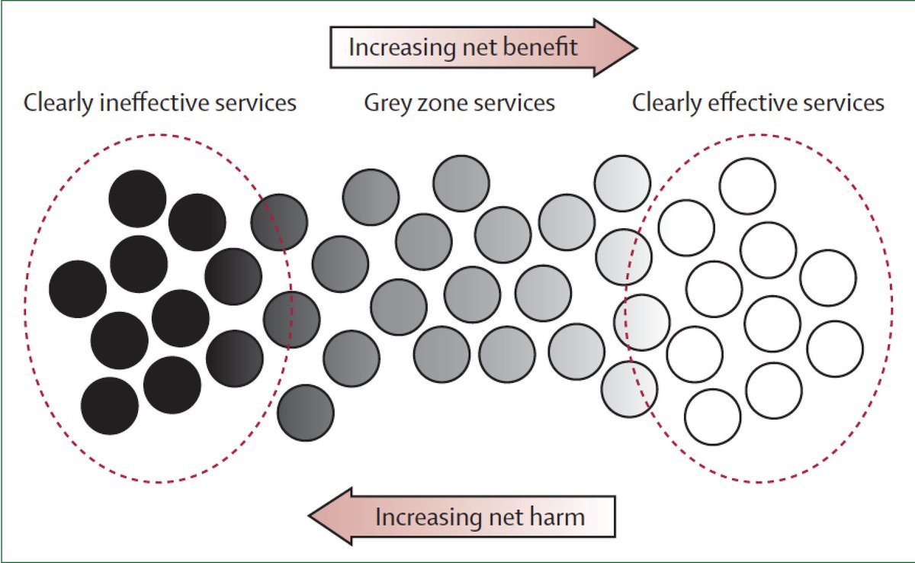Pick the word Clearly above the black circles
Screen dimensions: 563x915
click(x=58, y=102)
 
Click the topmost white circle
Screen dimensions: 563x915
click(x=747, y=186)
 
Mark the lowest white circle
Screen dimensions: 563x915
click(x=712, y=417)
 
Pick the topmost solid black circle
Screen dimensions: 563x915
click(x=137, y=198)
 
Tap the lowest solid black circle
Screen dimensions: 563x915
click(x=109, y=406)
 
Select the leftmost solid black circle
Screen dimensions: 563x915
click(x=77, y=289)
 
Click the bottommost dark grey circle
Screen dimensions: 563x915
click(x=305, y=413)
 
